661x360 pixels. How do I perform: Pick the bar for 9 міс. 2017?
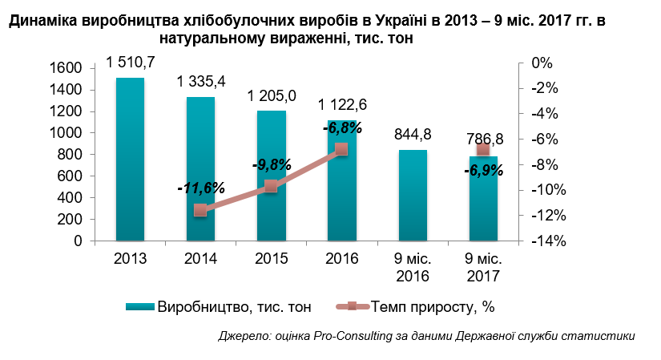point(483,198)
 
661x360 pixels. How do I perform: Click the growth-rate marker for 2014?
point(200,210)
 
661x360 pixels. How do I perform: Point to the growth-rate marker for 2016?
point(341,148)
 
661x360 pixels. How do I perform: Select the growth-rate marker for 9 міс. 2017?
point(483,150)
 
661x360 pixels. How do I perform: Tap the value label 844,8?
point(413,134)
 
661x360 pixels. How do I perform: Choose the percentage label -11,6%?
point(200,188)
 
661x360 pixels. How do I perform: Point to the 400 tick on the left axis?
point(71,198)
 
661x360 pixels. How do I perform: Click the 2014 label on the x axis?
point(200,259)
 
